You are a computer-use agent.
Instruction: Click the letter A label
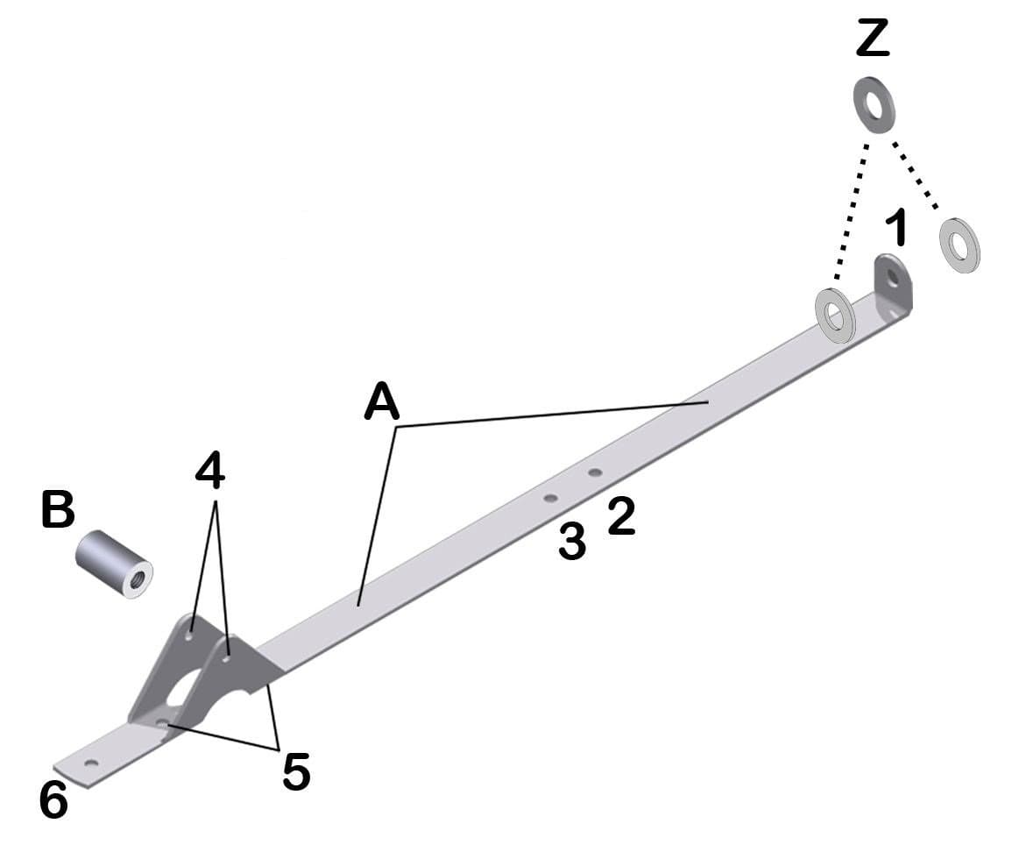[x=382, y=403]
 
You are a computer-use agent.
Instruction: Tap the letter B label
[x=58, y=510]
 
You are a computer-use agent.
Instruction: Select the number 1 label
[x=895, y=229]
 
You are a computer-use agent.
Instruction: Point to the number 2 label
[x=621, y=516]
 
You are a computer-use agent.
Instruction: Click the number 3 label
[x=572, y=543]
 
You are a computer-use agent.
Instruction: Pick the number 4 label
[x=210, y=472]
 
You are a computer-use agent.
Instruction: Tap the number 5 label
[x=296, y=771]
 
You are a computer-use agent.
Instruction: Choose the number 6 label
[x=53, y=800]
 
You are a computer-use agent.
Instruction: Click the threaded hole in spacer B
[x=138, y=578]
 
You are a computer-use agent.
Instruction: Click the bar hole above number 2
[x=595, y=473]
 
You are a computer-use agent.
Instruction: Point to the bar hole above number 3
[x=550, y=499]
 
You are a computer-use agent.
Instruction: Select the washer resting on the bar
[x=835, y=313]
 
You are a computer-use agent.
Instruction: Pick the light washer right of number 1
[x=959, y=245]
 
